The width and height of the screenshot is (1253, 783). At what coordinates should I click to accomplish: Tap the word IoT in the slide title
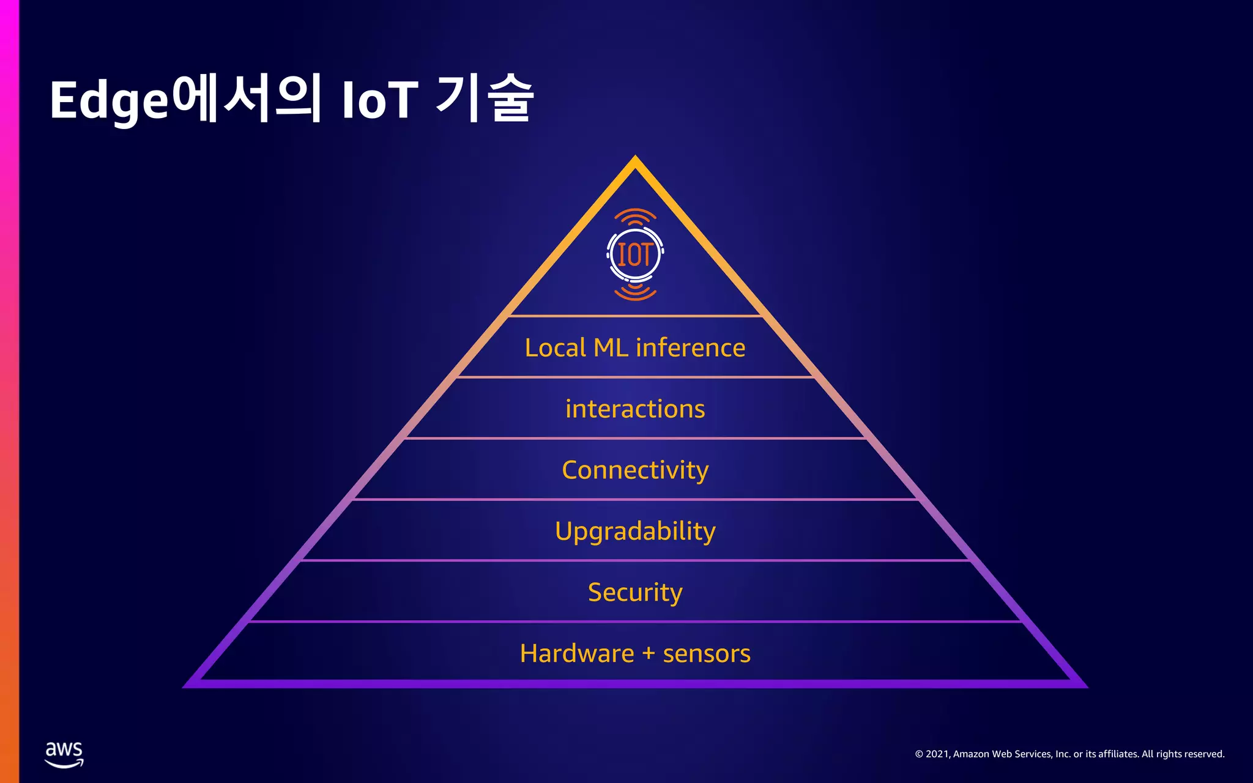pos(379,100)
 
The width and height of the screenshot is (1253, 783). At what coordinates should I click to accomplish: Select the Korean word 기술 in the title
pos(485,98)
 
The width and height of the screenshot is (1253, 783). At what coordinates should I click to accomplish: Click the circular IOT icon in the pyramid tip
pos(635,254)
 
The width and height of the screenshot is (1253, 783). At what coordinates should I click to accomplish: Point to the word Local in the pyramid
pos(556,347)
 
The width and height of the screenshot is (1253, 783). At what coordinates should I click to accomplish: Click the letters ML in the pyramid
pos(611,347)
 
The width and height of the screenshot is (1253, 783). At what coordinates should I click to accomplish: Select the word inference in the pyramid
pos(691,347)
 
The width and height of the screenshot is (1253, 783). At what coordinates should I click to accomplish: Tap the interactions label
pos(635,409)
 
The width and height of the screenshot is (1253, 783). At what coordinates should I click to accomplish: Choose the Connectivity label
pos(635,470)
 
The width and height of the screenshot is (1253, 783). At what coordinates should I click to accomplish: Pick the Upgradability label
pos(635,531)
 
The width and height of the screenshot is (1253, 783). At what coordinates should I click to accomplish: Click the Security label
pos(635,592)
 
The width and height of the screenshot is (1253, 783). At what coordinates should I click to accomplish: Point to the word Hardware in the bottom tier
pos(577,653)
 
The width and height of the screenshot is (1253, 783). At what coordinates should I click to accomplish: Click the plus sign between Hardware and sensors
pos(649,654)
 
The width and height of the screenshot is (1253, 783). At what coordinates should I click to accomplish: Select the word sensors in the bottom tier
pos(707,653)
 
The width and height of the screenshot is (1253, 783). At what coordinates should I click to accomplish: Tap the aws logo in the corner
pos(64,754)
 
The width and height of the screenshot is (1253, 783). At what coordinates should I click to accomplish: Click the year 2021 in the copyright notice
pos(937,754)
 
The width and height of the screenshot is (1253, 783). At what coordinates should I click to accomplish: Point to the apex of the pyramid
pos(635,159)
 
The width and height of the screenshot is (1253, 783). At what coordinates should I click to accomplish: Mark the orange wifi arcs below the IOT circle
pos(635,292)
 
